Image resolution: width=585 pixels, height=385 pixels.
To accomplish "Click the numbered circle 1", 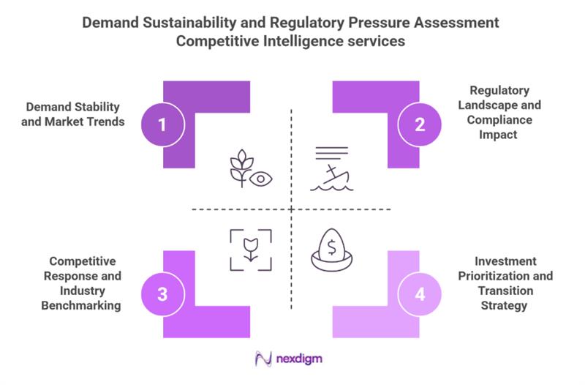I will pyautogui.click(x=162, y=124).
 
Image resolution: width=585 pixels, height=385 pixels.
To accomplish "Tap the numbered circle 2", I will pyautogui.click(x=420, y=124).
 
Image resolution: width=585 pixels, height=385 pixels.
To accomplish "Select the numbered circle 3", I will pyautogui.click(x=162, y=294).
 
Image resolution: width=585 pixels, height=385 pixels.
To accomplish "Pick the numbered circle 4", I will pyautogui.click(x=420, y=294).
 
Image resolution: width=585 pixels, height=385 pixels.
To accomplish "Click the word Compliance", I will pyautogui.click(x=497, y=120).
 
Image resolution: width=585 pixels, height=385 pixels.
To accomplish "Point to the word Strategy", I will pyautogui.click(x=505, y=305).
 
